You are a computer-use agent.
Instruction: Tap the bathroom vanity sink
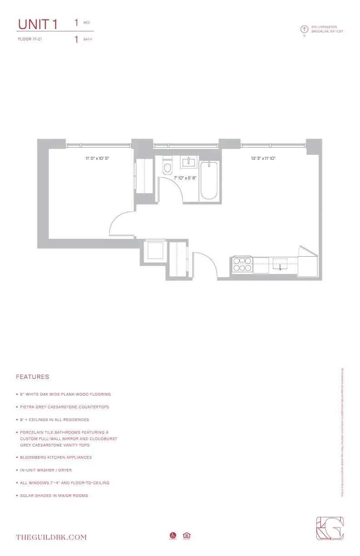[188, 162]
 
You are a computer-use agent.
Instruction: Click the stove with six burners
[242, 264]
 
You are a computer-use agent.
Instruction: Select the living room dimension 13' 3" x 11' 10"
[264, 159]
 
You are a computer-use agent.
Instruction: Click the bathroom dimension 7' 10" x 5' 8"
[185, 178]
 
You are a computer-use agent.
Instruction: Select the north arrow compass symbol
[304, 30]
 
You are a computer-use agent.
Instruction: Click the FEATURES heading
[32, 377]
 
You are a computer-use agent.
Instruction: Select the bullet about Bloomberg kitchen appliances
[55, 457]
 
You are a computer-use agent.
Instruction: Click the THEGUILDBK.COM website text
[51, 537]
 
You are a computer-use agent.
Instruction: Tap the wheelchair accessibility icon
[173, 536]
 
